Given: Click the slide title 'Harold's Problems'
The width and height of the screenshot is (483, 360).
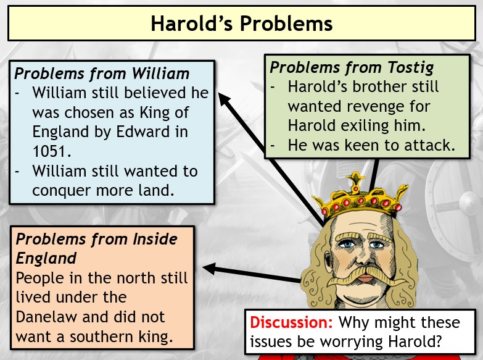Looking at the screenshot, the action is pos(242,23).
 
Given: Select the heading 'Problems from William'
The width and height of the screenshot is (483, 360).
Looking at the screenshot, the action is pos(102,73).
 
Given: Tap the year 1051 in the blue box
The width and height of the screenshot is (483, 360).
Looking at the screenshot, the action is pos(51,151).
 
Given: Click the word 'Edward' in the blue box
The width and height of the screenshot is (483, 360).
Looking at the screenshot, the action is pos(143,132).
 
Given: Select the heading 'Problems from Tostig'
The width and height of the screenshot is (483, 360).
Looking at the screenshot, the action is pos(352,67).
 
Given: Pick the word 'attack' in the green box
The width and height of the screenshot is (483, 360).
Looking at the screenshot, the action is pos(429,145).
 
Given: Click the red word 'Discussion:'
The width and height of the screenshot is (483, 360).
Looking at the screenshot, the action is pos(291,322).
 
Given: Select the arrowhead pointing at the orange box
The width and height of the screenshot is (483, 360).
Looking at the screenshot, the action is pos(210,269).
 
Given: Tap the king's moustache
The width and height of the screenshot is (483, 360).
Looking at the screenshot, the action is pos(366,276).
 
